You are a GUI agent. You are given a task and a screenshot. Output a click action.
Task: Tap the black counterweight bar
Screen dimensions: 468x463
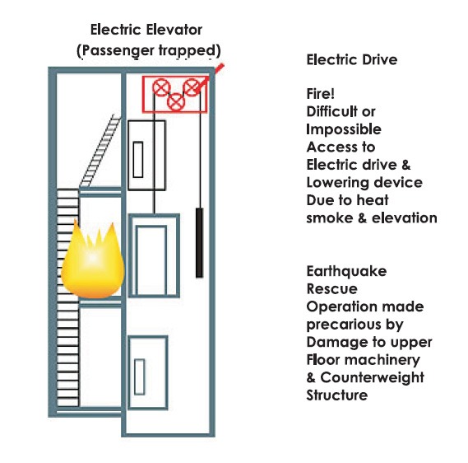pyautogui.click(x=199, y=243)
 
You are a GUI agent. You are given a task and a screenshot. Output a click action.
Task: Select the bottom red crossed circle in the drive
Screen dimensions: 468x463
pyautogui.click(x=176, y=102)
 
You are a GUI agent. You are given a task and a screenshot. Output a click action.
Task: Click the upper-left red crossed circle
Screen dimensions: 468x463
pyautogui.click(x=161, y=87)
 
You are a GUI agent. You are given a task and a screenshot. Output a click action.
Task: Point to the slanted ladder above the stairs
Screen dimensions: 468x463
pyautogui.click(x=100, y=151)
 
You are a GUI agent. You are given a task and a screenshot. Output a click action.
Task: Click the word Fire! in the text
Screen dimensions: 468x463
pyautogui.click(x=320, y=94)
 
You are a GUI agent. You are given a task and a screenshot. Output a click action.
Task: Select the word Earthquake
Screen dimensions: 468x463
pyautogui.click(x=346, y=271)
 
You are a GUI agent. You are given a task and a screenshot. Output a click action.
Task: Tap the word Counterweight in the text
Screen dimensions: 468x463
pyautogui.click(x=373, y=377)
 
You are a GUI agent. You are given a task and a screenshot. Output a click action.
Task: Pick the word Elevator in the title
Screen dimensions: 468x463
pyautogui.click(x=175, y=30)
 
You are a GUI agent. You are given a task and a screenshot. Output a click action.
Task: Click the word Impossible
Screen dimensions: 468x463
pyautogui.click(x=344, y=129)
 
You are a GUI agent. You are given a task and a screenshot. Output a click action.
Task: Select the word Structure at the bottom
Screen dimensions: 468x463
pyautogui.click(x=337, y=395)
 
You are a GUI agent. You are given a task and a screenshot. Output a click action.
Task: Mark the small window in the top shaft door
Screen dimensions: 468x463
pyautogui.click(x=138, y=160)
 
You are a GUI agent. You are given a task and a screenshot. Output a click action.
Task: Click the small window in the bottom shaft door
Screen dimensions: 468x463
pyautogui.click(x=139, y=377)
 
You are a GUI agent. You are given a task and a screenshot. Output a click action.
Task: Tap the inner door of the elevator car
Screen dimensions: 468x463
pyautogui.click(x=151, y=260)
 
